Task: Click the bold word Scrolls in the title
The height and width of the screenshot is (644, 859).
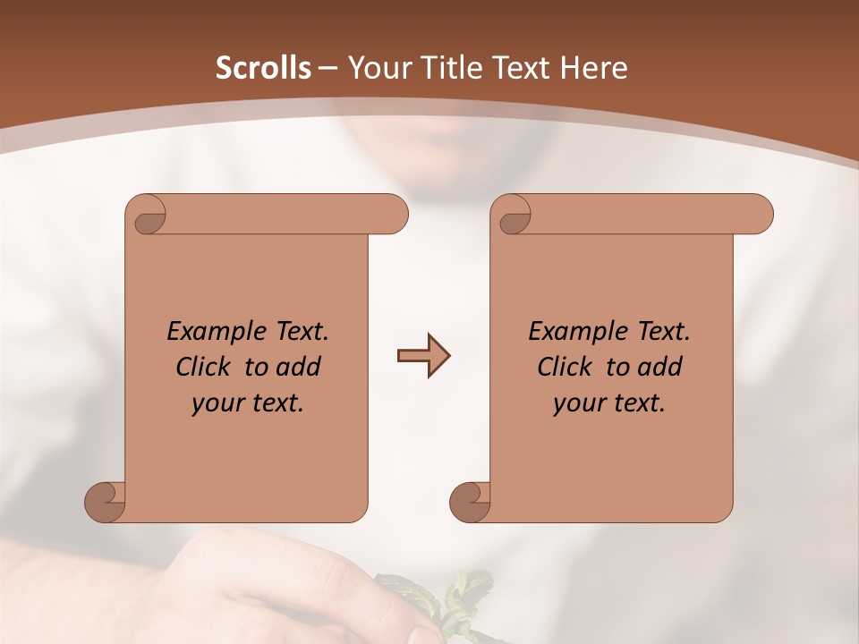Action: pyautogui.click(x=264, y=68)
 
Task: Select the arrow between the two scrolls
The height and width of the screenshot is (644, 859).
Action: pyautogui.click(x=423, y=356)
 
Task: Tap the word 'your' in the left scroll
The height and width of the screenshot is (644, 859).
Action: pyautogui.click(x=217, y=404)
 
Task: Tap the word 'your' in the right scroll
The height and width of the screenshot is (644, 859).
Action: pyautogui.click(x=578, y=404)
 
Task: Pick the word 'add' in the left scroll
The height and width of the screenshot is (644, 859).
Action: pyautogui.click(x=299, y=367)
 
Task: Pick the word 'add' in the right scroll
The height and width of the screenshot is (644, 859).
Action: pyautogui.click(x=660, y=367)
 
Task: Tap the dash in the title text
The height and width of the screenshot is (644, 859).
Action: pyautogui.click(x=327, y=68)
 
